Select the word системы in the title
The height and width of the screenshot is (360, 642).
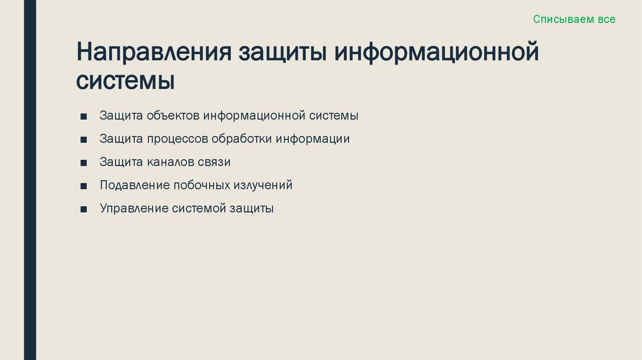click(125, 82)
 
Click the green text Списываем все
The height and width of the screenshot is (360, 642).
click(574, 19)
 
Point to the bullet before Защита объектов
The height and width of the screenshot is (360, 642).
click(83, 117)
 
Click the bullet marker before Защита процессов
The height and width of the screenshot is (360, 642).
click(83, 140)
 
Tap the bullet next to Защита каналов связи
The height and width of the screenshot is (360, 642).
click(83, 163)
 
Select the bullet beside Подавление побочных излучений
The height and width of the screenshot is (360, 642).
click(83, 186)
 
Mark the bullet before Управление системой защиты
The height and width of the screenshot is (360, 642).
click(83, 209)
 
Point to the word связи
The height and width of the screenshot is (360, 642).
click(216, 162)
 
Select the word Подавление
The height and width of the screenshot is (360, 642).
click(135, 186)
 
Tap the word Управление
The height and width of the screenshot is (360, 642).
click(134, 209)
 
